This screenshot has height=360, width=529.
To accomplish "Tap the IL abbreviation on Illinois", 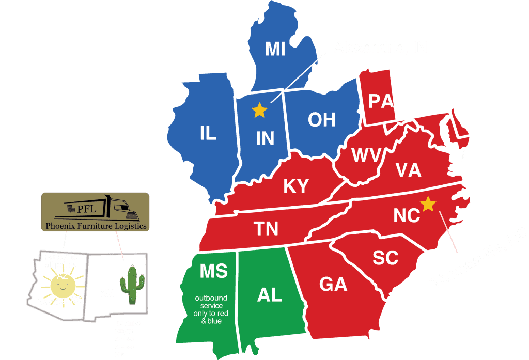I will (208, 133).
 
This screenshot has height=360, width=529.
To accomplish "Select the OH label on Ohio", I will (321, 120).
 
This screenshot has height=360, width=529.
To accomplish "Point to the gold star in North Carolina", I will (428, 204).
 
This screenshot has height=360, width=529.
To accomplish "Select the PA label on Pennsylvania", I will (381, 101).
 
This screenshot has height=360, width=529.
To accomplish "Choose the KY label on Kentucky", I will (296, 186).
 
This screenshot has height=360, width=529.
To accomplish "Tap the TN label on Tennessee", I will (266, 228).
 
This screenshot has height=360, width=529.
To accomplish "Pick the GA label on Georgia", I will (333, 284).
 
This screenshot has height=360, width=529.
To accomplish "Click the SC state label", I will (385, 258).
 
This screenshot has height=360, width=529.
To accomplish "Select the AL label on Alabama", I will (269, 294).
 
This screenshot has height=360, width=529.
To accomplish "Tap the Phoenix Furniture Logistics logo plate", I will (96, 211).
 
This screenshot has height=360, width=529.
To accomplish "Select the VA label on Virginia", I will (408, 170).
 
